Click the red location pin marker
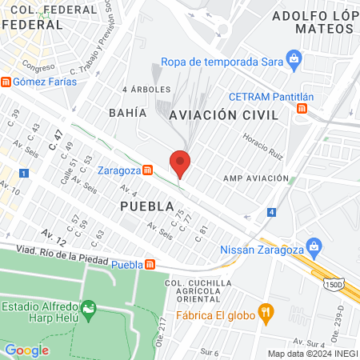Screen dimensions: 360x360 (180, 163)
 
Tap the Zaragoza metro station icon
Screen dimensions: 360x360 (147, 170)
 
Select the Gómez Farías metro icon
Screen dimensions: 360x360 (6, 82)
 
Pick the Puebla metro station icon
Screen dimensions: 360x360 (150, 265)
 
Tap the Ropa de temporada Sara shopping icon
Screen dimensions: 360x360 (294, 58)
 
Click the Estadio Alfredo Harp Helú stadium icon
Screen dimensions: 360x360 (89, 307)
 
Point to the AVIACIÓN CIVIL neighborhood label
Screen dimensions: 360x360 (224, 116)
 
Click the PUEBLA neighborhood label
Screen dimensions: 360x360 (146, 206)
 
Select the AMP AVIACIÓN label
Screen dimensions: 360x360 (255, 178)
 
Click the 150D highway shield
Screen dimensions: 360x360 (336, 283)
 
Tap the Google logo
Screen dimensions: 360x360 (26, 350)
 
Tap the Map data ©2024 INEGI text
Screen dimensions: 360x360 (312, 354)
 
